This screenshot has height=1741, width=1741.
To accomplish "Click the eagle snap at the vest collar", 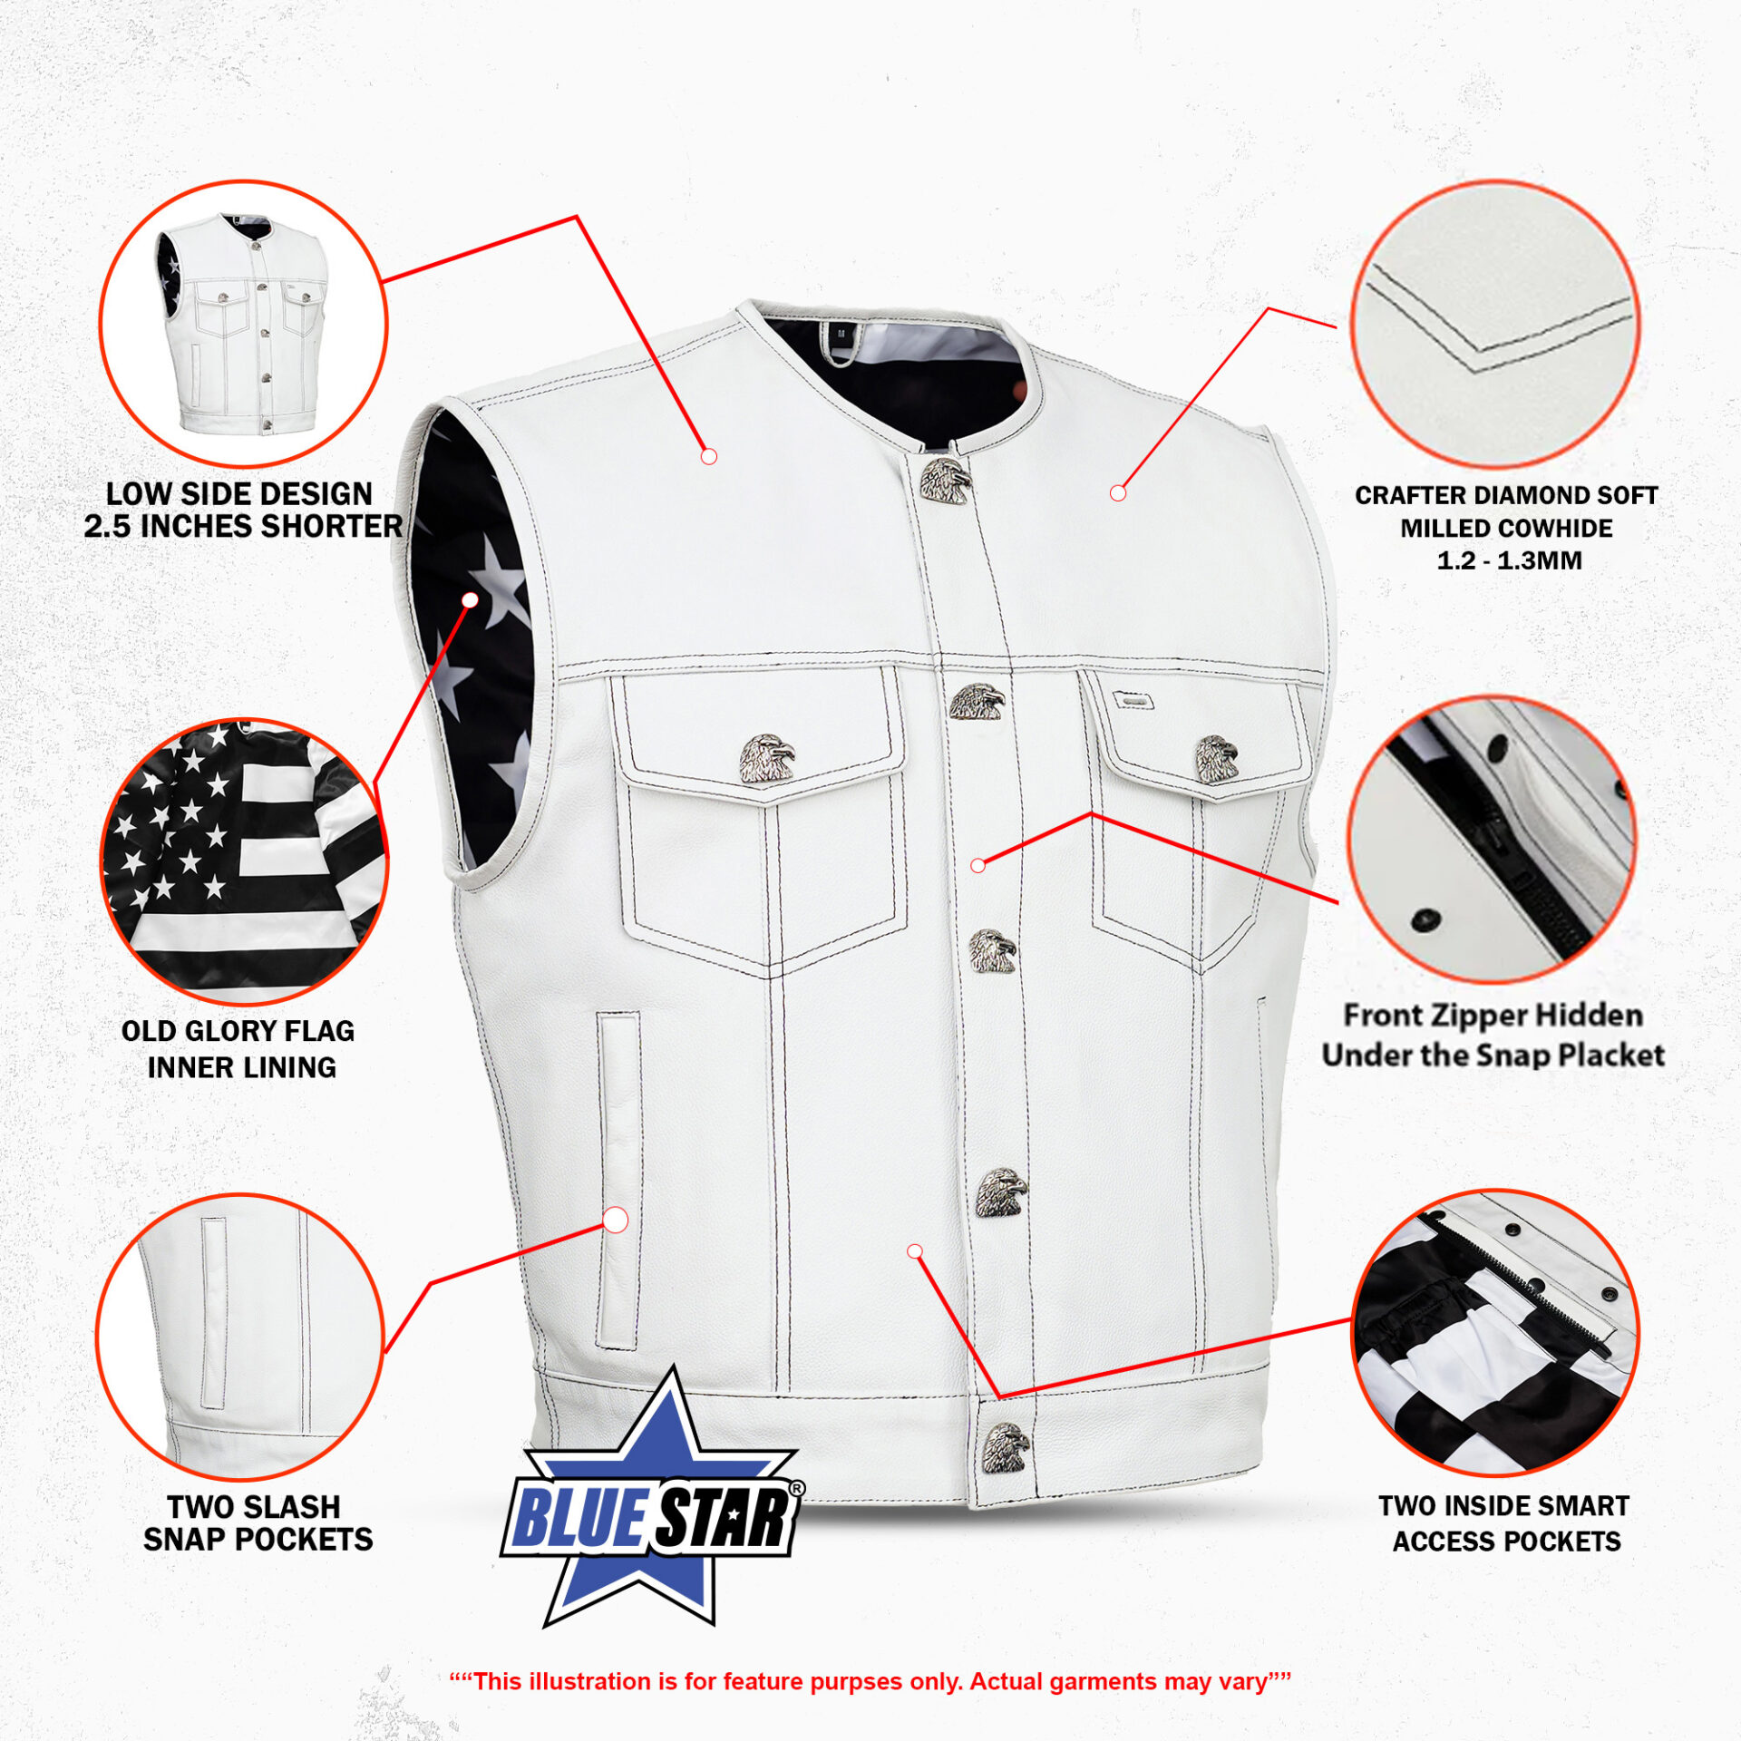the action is pos(946,481).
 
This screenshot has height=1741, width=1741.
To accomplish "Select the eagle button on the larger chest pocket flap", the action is pos(766,758).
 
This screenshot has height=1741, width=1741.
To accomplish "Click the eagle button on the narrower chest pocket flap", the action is pos(1216,759).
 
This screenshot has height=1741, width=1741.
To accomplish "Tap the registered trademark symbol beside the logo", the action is pos(796,1489).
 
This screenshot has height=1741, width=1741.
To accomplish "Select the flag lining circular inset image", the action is pos(243,862).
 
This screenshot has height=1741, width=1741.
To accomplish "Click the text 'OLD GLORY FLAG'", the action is pos(238,1031).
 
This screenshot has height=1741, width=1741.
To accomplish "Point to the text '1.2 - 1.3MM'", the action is pos(1509,560).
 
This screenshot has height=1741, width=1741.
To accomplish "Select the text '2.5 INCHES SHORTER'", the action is pos(243,526).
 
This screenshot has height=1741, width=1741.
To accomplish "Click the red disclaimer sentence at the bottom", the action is pos(870,1682).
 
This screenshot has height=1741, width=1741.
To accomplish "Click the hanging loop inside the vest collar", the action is pos(840,341).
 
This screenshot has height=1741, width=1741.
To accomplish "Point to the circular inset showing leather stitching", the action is pos(1495,324).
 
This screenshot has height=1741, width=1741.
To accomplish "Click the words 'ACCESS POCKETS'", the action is pos(1507,1542).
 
